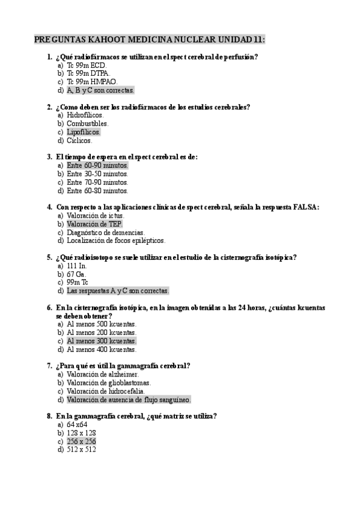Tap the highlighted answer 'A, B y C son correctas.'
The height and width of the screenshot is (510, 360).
click(100, 90)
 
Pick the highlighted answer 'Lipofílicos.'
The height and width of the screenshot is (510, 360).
click(84, 132)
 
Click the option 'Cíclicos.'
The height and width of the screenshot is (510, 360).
click(79, 140)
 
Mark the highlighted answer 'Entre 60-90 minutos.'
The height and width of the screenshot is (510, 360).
click(97, 165)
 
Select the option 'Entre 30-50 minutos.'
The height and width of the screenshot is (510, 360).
click(97, 174)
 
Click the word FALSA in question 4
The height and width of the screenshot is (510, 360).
click(305, 207)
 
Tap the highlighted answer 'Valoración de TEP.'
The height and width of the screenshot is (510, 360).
click(94, 224)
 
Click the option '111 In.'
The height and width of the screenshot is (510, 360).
click(77, 265)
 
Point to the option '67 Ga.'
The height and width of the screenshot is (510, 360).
click(76, 274)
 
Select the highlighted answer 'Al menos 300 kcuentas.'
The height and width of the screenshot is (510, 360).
click(102, 340)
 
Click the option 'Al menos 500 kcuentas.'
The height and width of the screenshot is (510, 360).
click(102, 324)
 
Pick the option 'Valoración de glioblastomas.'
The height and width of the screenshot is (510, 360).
click(109, 382)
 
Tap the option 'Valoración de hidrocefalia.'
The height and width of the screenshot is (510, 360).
click(107, 390)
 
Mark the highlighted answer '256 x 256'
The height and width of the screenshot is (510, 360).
click(81, 441)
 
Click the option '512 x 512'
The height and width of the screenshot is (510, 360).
click(81, 449)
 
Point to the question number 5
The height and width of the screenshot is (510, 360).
click(49, 257)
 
